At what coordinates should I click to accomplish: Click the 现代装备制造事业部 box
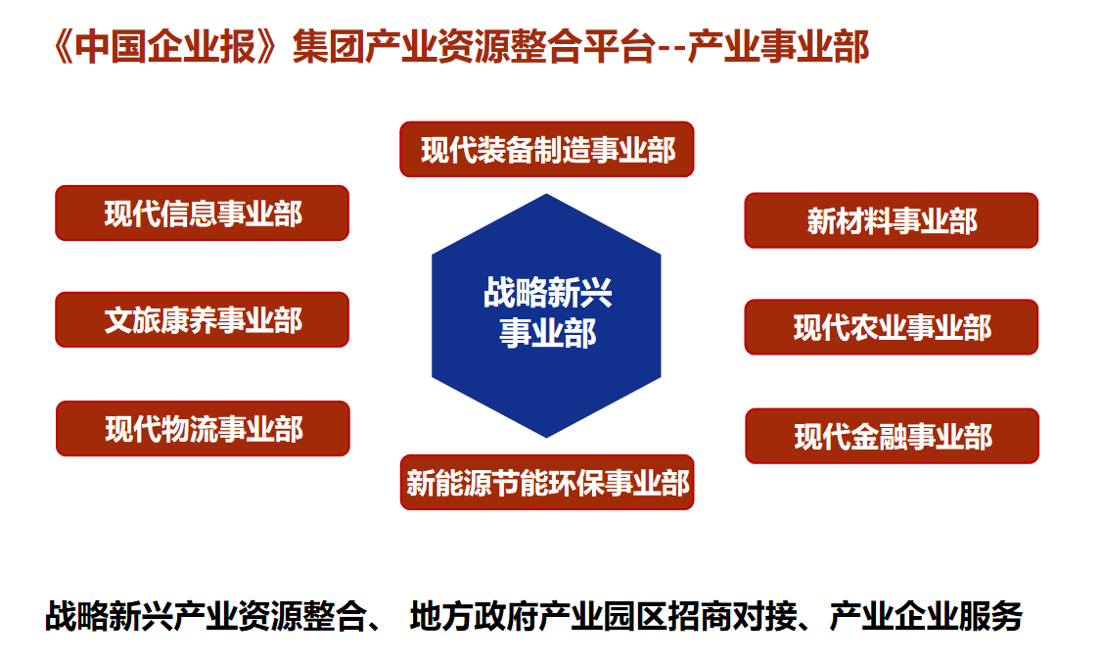[547, 149]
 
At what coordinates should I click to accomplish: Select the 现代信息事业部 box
[203, 213]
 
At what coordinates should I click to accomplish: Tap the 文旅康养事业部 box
[203, 320]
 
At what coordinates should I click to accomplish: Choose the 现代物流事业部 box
[204, 428]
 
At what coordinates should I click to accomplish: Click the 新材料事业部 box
[892, 220]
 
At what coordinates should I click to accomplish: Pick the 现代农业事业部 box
[892, 327]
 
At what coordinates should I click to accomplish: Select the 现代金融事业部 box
[892, 436]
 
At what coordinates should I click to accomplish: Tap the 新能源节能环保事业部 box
[547, 483]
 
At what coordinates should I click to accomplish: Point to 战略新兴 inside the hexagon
[547, 293]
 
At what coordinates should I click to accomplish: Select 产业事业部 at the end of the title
[779, 47]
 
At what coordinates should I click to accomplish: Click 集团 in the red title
[328, 47]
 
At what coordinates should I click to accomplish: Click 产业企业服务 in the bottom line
[926, 616]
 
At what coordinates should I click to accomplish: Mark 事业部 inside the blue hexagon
[547, 333]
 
